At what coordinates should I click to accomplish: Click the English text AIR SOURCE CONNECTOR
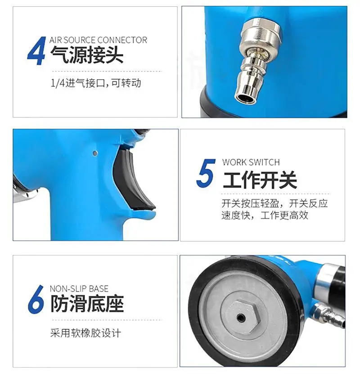click(x=98, y=40)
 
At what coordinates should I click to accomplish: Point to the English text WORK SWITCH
click(x=251, y=162)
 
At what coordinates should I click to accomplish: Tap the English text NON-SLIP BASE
click(x=79, y=288)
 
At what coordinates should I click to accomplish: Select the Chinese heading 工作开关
click(x=260, y=180)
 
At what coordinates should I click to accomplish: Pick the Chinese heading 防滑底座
click(x=87, y=304)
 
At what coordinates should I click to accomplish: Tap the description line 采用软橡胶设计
click(x=85, y=333)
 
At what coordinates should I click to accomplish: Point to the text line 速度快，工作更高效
click(x=265, y=215)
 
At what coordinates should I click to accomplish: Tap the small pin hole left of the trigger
click(x=94, y=153)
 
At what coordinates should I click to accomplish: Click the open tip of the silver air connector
click(x=245, y=99)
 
